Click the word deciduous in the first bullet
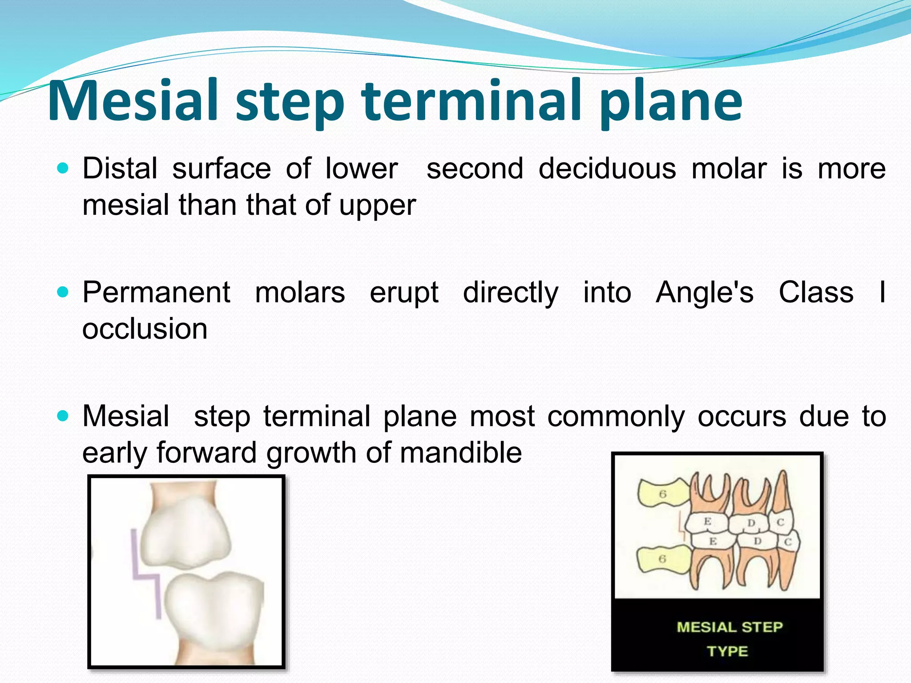(x=607, y=169)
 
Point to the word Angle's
(x=705, y=293)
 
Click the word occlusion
(x=145, y=329)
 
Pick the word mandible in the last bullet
(x=460, y=453)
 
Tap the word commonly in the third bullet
(x=616, y=417)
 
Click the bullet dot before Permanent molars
(x=63, y=292)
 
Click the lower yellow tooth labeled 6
(x=661, y=559)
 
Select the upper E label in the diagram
(x=707, y=521)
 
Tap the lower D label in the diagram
(x=758, y=541)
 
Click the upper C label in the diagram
(x=780, y=522)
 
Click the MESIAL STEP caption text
(x=730, y=627)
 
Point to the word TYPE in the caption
(x=727, y=651)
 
